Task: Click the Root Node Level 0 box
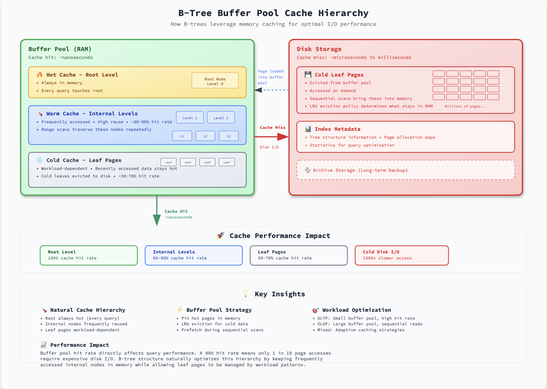click(x=215, y=81)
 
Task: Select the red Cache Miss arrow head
click(x=283, y=136)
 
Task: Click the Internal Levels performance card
click(x=193, y=255)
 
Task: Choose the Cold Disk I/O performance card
click(x=401, y=255)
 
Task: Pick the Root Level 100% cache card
click(x=89, y=255)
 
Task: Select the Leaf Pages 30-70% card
click(x=298, y=255)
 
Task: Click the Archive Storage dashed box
click(x=406, y=170)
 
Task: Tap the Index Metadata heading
click(x=337, y=129)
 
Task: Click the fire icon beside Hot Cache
click(x=40, y=75)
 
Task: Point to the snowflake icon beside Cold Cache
click(x=40, y=160)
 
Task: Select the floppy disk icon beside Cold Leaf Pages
click(x=308, y=75)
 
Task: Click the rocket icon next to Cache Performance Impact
click(x=221, y=235)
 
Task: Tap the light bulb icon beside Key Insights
click(x=246, y=294)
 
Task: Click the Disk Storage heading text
click(x=319, y=49)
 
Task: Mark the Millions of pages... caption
click(x=465, y=107)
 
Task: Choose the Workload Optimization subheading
click(x=356, y=310)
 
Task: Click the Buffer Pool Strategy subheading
click(x=219, y=310)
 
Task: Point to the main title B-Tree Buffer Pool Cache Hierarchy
click(x=273, y=13)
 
